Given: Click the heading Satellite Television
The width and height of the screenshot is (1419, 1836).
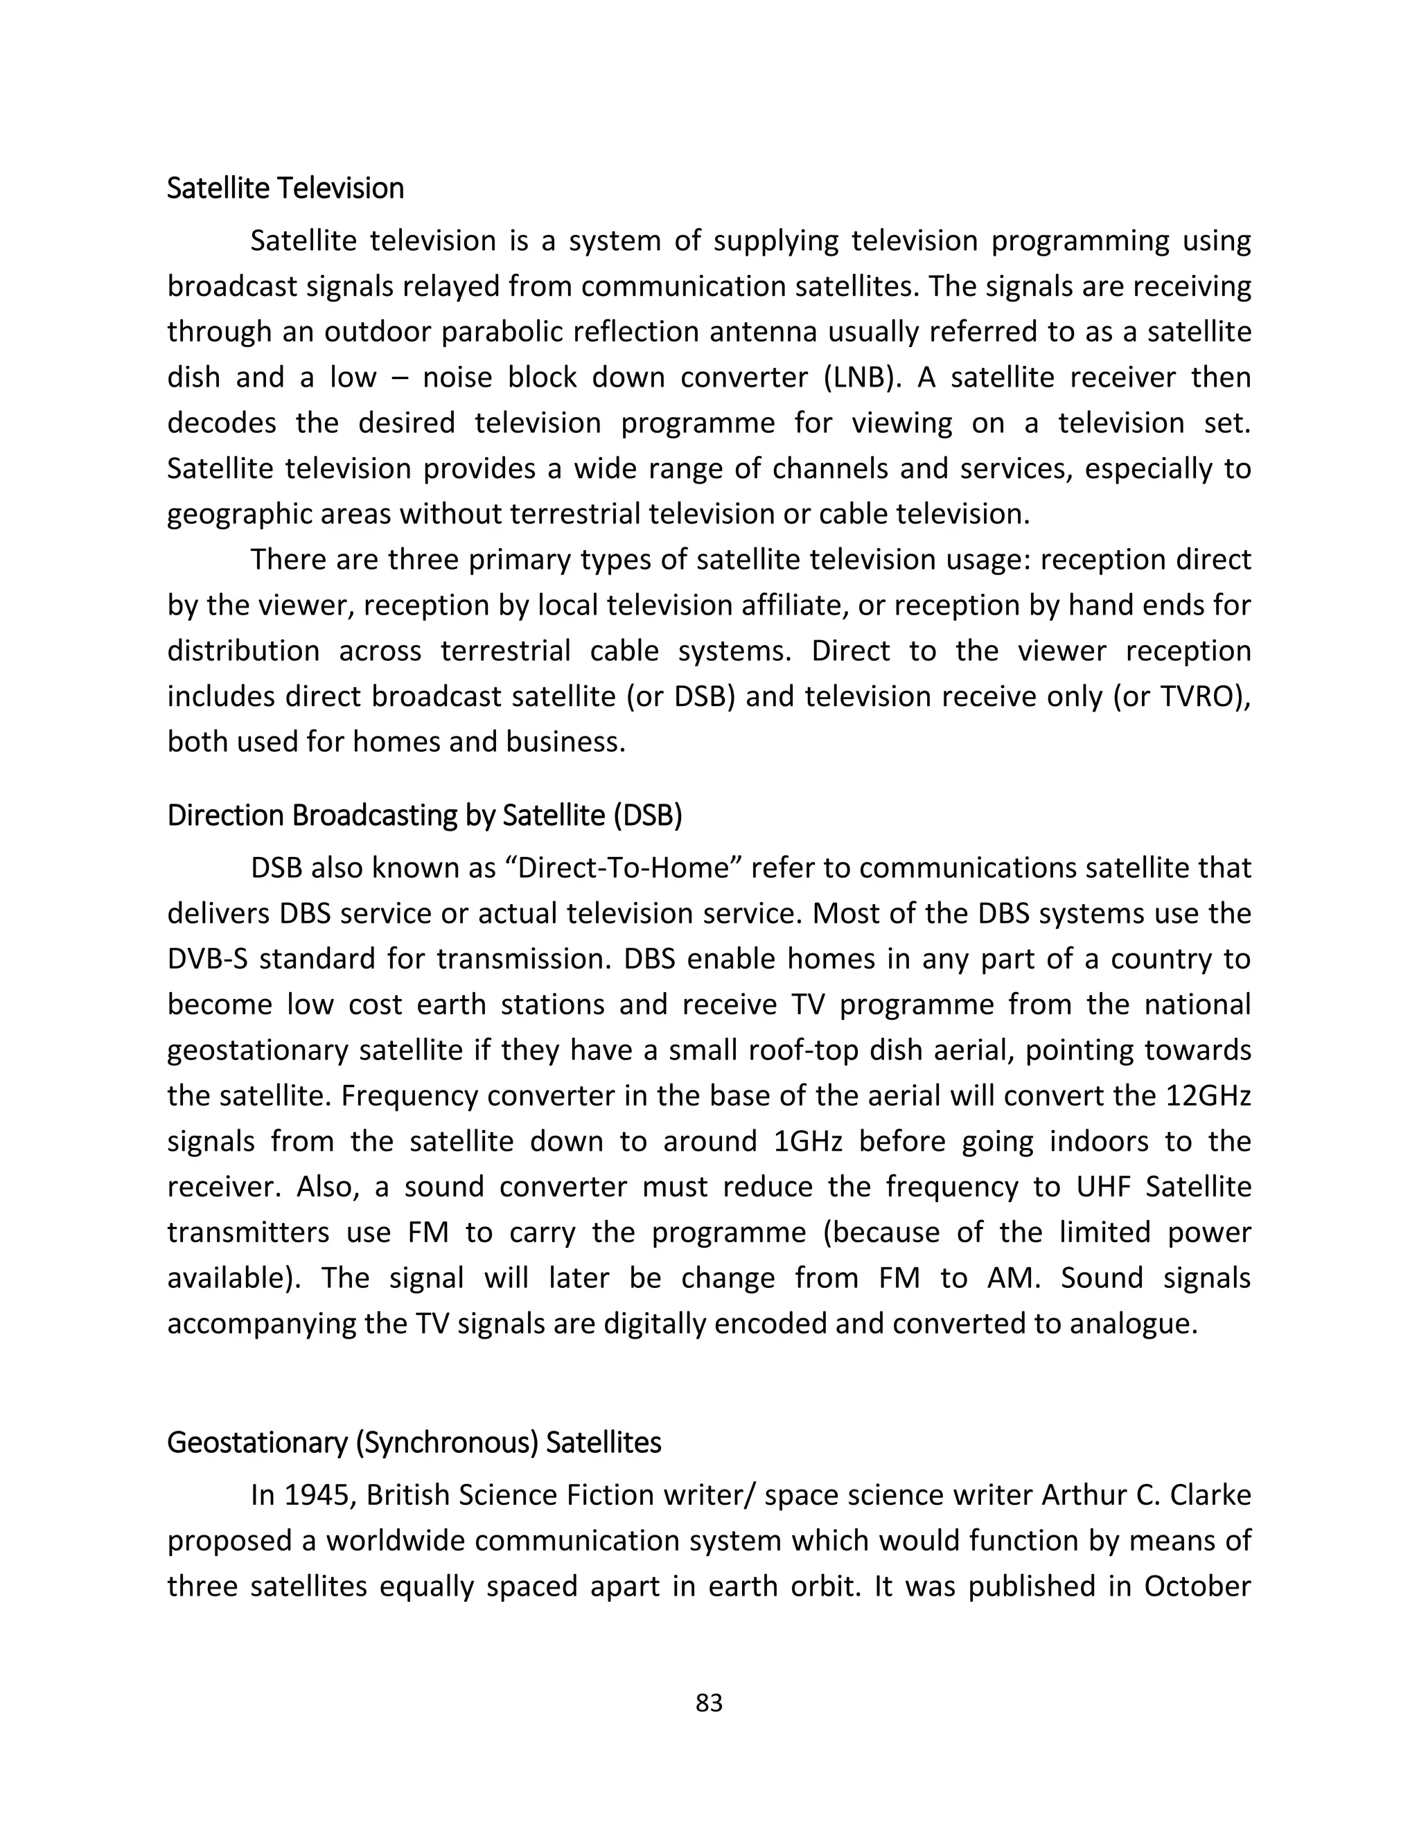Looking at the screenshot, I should click(285, 188).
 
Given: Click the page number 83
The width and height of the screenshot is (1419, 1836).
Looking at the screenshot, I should click(709, 1702).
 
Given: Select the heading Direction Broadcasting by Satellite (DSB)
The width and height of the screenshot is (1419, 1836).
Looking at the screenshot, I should click(425, 815).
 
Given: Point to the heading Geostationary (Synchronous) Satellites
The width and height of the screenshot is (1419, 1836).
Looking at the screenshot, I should click(414, 1442).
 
